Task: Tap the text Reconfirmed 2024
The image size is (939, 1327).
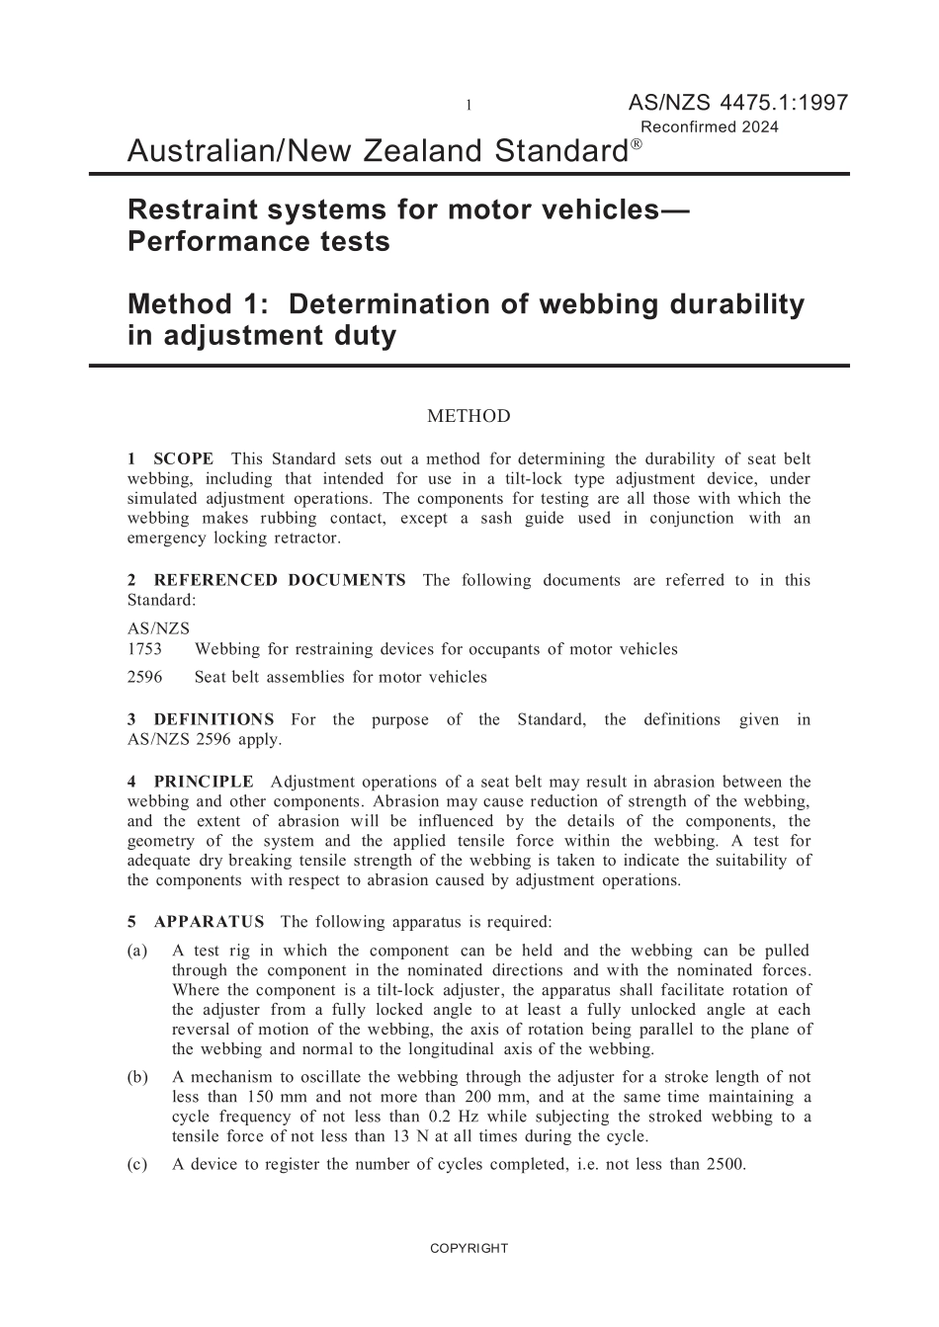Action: (x=710, y=126)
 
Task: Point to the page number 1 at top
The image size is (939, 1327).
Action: (x=469, y=106)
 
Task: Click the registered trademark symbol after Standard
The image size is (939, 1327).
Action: (x=637, y=144)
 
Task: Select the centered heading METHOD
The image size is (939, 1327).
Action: (x=469, y=416)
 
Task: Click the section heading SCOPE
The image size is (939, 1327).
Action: (x=183, y=458)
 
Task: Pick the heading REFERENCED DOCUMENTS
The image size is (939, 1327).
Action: (x=279, y=580)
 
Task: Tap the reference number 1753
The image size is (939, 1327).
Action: (x=145, y=649)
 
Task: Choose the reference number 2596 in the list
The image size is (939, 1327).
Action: (x=145, y=677)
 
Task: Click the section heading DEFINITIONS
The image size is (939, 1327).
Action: (x=213, y=719)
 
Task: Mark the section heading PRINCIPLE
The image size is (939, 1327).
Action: (x=204, y=782)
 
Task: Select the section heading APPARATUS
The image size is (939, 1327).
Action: (x=209, y=922)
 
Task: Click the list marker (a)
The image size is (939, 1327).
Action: (x=137, y=951)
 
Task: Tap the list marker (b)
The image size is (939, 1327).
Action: (x=137, y=1077)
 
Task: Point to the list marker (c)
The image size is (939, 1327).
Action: (x=137, y=1164)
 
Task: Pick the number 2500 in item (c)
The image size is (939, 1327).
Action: (x=726, y=1164)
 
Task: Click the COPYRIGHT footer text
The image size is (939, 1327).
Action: (x=469, y=1248)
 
